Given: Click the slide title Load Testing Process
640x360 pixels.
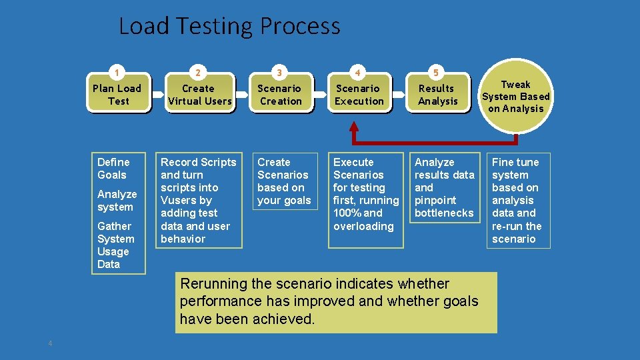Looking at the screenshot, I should pyautogui.click(x=229, y=26).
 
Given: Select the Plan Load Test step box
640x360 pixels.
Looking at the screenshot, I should pyautogui.click(x=117, y=95).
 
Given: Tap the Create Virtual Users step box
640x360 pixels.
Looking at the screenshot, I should pyautogui.click(x=199, y=95).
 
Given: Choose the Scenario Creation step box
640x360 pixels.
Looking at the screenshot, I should pyautogui.click(x=280, y=95).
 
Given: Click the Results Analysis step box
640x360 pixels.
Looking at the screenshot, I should pyautogui.click(x=437, y=95).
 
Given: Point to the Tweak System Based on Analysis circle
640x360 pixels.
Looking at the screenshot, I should pyautogui.click(x=516, y=96).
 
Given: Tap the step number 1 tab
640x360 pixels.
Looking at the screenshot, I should pyautogui.click(x=117, y=72).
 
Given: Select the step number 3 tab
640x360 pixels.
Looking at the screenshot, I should pyautogui.click(x=279, y=72).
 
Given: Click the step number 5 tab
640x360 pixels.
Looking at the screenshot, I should pyautogui.click(x=436, y=72).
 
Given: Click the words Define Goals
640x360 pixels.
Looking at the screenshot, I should pyautogui.click(x=113, y=168).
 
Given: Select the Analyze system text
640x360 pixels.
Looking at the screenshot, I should pyautogui.click(x=117, y=200).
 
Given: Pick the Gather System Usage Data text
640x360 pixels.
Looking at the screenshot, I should pyautogui.click(x=116, y=245).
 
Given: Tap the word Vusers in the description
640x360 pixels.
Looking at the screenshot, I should pyautogui.click(x=178, y=200).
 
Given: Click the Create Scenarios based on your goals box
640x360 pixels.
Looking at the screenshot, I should pyautogui.click(x=284, y=181).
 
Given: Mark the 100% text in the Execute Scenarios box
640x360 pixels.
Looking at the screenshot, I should pyautogui.click(x=347, y=213).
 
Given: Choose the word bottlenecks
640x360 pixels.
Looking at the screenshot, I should pyautogui.click(x=444, y=213).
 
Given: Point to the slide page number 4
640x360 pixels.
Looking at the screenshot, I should pyautogui.click(x=50, y=343).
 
